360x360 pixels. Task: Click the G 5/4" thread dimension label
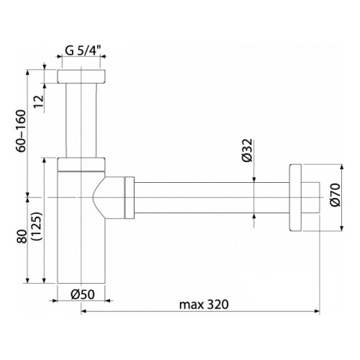[83, 50]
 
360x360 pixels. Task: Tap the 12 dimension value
[39, 102]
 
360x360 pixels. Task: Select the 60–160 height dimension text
[21, 131]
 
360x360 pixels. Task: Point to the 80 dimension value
[22, 236]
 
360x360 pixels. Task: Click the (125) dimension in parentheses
[37, 226]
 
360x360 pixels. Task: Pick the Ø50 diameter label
[83, 294]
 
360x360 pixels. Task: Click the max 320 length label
[204, 305]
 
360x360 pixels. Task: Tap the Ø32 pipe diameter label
[248, 150]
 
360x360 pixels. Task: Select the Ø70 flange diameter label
[335, 194]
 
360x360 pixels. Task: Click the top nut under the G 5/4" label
[81, 76]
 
